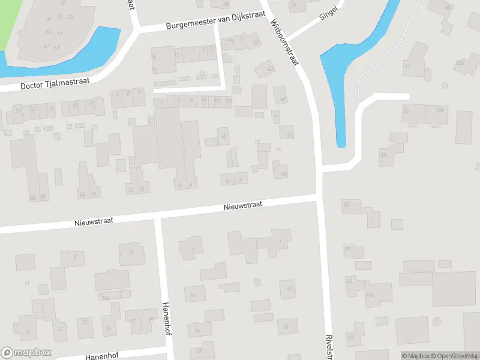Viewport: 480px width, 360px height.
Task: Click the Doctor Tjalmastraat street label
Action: coord(55,85)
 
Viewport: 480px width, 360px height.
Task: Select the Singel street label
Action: coord(329,13)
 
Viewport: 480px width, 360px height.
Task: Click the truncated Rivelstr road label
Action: coord(329,346)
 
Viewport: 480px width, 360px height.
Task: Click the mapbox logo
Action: coord(26,353)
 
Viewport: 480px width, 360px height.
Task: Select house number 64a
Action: coord(369,295)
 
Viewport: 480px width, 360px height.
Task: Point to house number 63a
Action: coord(440,110)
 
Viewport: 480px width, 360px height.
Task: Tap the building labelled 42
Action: coord(269,69)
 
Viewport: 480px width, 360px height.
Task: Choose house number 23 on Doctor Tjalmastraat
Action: coord(34,109)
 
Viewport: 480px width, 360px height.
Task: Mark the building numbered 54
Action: coord(223,137)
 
